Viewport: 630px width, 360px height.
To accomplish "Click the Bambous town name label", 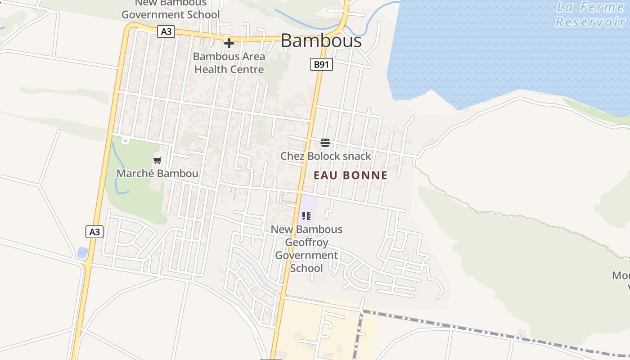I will pos(321,41).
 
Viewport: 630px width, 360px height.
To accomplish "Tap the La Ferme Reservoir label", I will pos(589,14).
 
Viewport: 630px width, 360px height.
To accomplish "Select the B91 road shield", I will pos(321,64).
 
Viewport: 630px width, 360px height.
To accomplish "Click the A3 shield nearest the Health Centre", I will pos(166,31).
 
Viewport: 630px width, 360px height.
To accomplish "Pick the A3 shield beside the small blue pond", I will pos(94,232).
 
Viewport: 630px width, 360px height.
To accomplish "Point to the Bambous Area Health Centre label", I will pos(229,63).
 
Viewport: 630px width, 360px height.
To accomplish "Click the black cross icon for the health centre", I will pos(229,44).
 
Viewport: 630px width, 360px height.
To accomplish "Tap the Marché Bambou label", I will pos(157,173).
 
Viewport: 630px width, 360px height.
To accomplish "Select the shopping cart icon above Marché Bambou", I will pos(157,160).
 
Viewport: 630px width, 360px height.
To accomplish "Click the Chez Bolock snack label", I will pos(325,156).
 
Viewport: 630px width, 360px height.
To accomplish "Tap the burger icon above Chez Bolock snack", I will pos(325,143).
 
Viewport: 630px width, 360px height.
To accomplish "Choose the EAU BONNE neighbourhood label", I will pos(351,175).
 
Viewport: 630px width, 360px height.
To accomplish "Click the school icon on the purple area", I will pos(306,216).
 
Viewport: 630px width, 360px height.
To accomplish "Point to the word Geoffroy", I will pos(306,243).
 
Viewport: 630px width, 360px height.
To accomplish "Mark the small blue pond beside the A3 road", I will pos(82,252).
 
